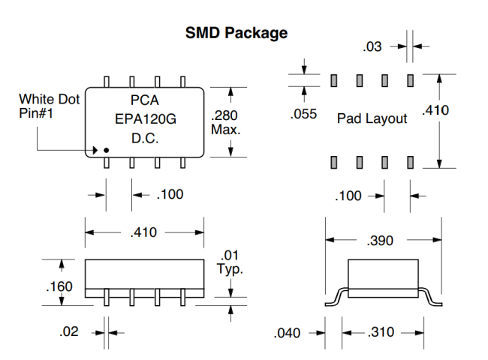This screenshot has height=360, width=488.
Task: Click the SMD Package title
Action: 236,33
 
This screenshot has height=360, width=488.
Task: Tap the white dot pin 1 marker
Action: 107,151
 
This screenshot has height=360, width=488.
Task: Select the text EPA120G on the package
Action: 144,119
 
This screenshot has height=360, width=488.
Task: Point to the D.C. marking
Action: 144,139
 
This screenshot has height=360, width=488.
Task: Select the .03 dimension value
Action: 372,47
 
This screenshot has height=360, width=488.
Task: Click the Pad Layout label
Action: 372,118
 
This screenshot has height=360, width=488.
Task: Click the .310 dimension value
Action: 383,332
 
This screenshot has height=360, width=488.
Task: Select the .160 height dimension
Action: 59,286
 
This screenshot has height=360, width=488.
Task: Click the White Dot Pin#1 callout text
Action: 43,105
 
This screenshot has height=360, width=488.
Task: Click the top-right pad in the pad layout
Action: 411,79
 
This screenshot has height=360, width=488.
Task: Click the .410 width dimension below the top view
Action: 144,232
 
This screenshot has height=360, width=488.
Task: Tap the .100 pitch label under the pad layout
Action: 348,196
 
